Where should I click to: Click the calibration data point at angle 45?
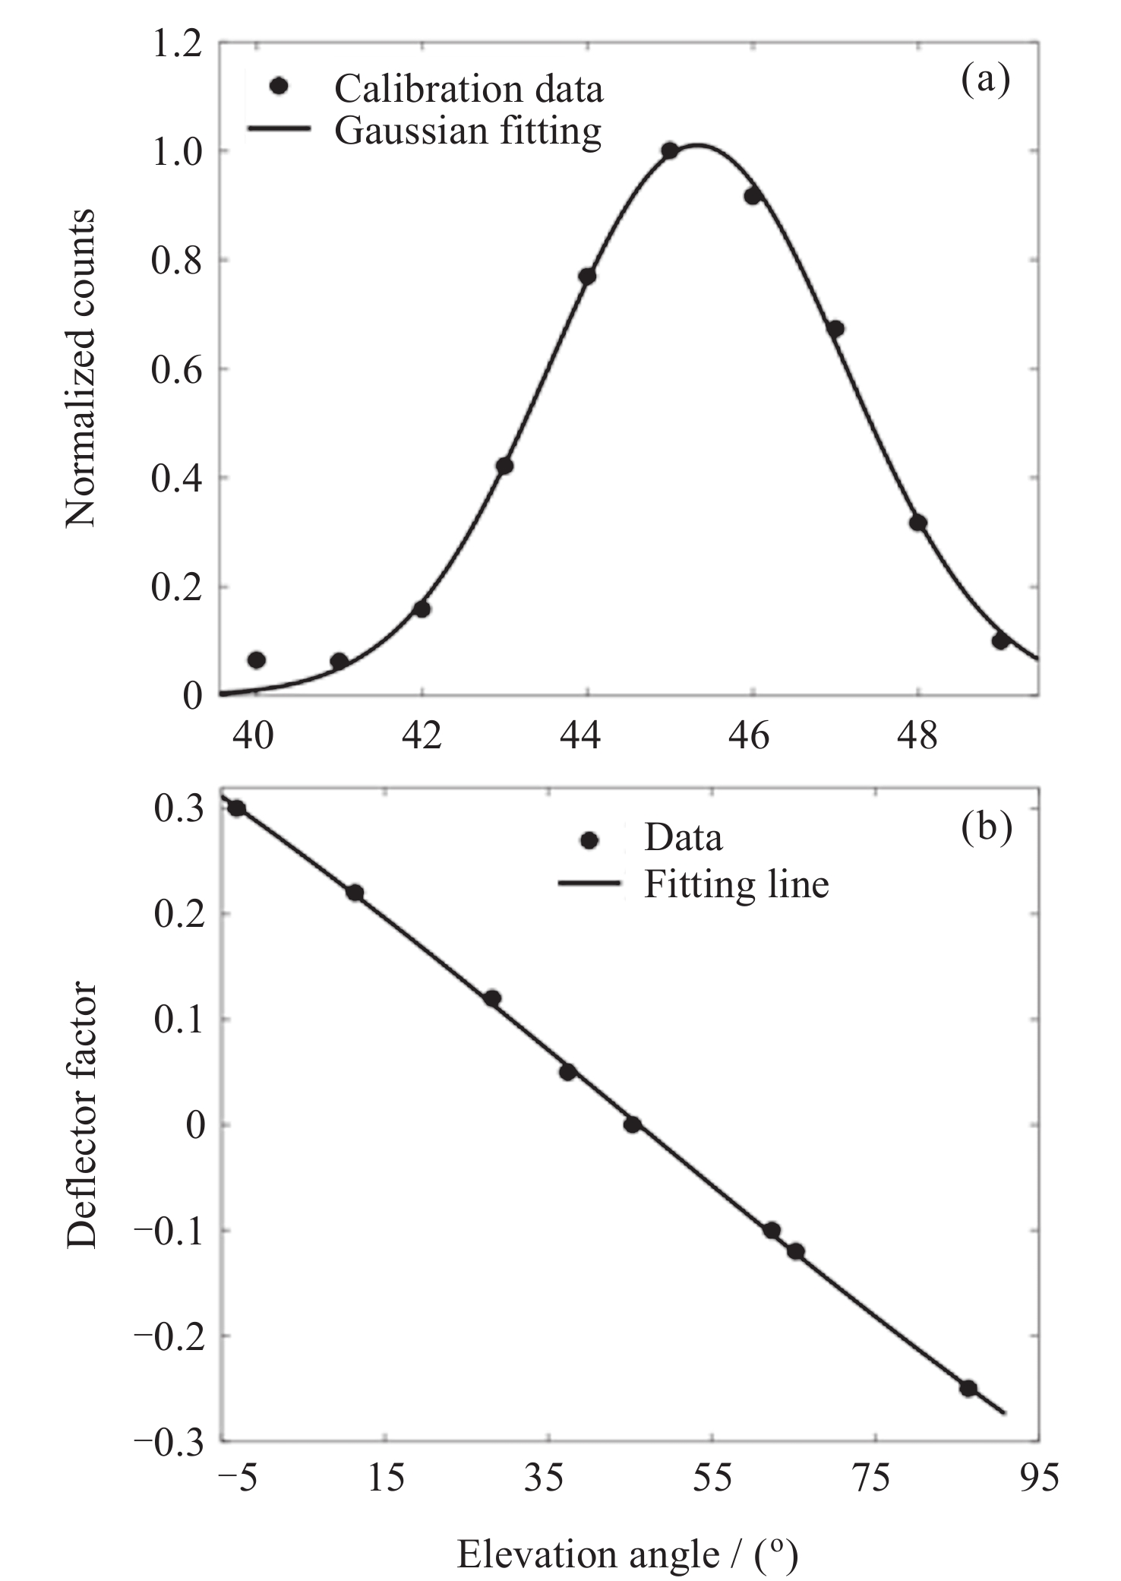point(669,150)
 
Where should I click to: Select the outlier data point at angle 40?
point(257,659)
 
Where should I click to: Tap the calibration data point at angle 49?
point(1000,640)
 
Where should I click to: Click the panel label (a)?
point(986,79)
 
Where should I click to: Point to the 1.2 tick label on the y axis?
point(176,44)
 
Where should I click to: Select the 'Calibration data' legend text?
point(469,89)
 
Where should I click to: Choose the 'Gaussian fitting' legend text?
point(468,131)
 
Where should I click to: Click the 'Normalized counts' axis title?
point(81,368)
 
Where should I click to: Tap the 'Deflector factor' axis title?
point(81,1116)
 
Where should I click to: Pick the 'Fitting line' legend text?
point(736,884)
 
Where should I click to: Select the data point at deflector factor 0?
point(632,1124)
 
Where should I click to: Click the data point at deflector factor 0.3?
point(236,808)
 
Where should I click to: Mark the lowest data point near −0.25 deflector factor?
point(968,1388)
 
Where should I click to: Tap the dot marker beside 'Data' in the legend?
point(589,840)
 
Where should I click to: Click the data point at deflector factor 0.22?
point(355,893)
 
